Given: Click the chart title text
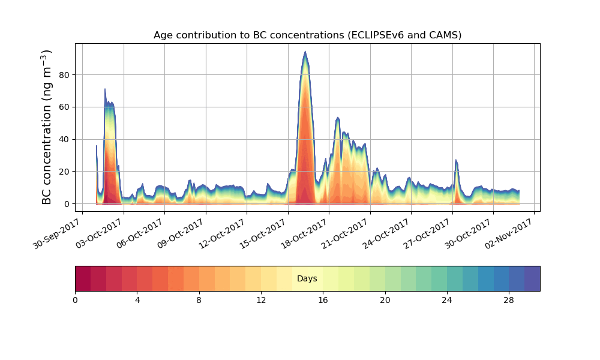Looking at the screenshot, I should pyautogui.click(x=307, y=35).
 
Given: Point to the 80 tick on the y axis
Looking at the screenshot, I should pyautogui.click(x=63, y=75).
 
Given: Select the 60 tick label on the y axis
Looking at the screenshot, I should pyautogui.click(x=63, y=107).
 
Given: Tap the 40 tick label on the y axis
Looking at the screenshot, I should pyautogui.click(x=63, y=139).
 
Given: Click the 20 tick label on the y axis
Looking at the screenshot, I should pyautogui.click(x=63, y=172).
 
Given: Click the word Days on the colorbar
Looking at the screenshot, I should pyautogui.click(x=307, y=279).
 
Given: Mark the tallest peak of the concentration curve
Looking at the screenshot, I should pyautogui.click(x=305, y=52).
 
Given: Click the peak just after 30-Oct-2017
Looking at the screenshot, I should pyautogui.click(x=456, y=160).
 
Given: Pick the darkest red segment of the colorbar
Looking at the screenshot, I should pyautogui.click(x=83, y=278).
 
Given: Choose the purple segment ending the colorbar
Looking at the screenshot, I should pyautogui.click(x=532, y=278).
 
